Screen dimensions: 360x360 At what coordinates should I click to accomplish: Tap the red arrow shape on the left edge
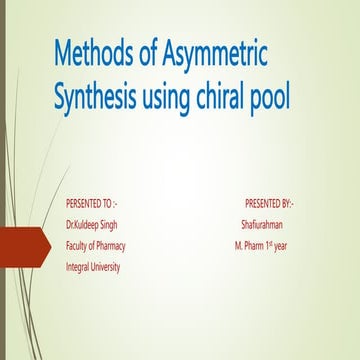[22, 244]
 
